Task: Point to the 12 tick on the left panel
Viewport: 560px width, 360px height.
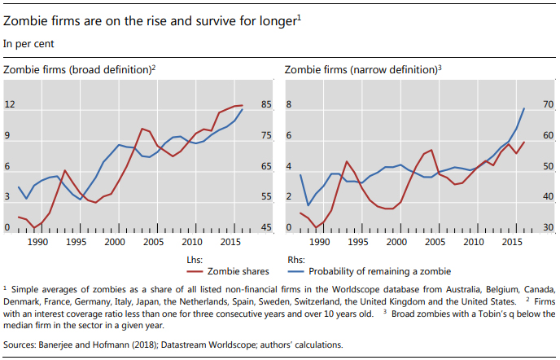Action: pyautogui.click(x=11, y=105)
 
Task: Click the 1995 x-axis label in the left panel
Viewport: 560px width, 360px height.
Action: pyautogui.click(x=77, y=242)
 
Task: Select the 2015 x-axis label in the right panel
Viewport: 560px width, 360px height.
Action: pyautogui.click(x=510, y=242)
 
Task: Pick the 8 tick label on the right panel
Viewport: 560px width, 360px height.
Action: pyautogui.click(x=287, y=105)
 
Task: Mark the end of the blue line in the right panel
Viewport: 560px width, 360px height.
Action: pyautogui.click(x=523, y=108)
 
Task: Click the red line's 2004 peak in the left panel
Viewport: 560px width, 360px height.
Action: pyautogui.click(x=142, y=129)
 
